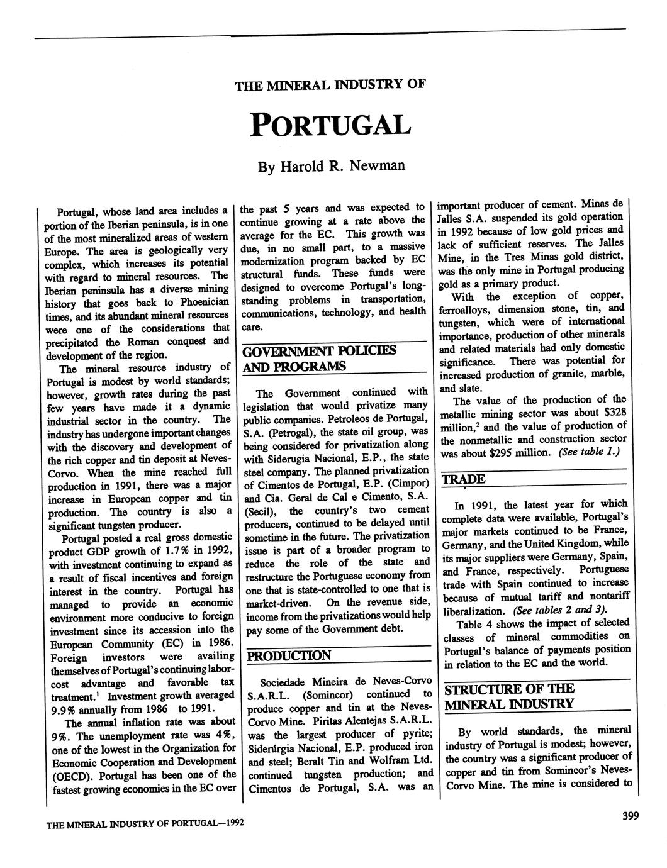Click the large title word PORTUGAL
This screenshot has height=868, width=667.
tap(330, 125)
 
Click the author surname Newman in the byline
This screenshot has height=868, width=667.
tap(377, 166)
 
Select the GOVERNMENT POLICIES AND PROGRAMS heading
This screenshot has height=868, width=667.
tap(319, 358)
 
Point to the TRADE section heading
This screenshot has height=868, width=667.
tap(464, 479)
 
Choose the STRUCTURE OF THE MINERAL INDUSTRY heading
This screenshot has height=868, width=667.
tap(510, 696)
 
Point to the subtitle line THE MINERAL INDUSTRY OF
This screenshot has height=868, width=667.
tap(330, 85)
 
